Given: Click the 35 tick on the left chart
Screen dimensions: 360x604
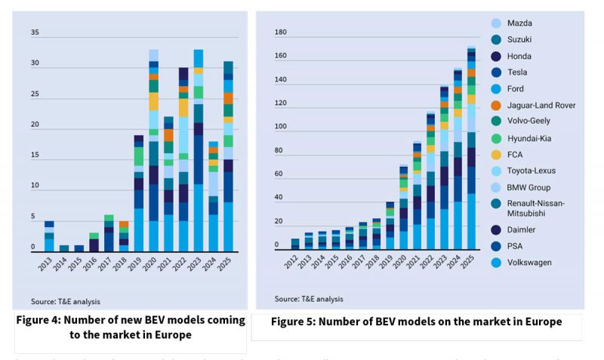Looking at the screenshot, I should [x=35, y=33].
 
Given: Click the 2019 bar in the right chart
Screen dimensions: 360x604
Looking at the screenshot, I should [x=390, y=226].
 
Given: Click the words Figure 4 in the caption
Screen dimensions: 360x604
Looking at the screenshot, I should [x=40, y=320].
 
